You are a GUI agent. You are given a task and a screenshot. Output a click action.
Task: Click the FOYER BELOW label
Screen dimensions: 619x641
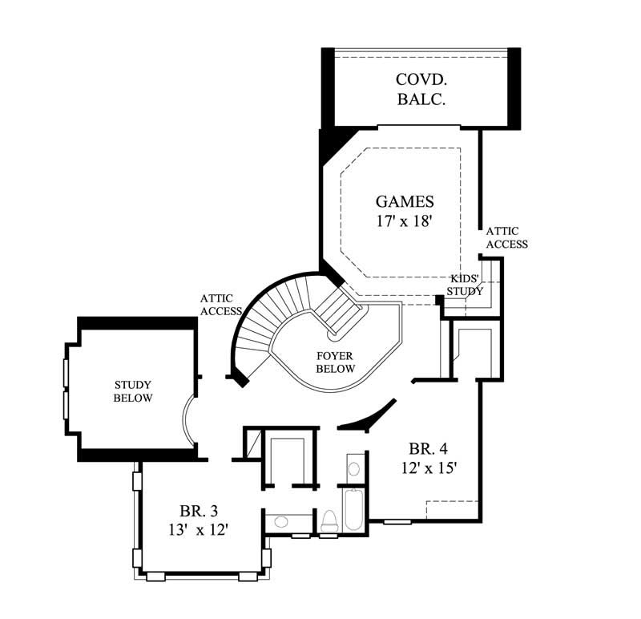click(336, 362)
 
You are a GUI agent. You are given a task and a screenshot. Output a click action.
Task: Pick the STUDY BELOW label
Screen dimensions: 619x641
click(132, 392)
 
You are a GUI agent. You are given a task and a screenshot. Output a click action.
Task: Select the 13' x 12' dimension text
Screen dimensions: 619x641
click(200, 529)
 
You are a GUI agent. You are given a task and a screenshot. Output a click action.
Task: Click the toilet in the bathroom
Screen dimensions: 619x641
click(329, 521)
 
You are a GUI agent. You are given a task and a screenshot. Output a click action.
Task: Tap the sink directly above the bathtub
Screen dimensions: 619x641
click(353, 469)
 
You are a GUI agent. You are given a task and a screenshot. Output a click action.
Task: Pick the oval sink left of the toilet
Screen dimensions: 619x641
click(280, 522)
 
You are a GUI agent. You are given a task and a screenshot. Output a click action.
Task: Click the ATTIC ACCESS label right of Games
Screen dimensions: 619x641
click(506, 237)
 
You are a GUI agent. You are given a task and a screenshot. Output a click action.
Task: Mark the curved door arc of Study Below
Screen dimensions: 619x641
click(186, 420)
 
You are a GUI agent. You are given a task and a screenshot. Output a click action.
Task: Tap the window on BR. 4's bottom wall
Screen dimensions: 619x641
click(396, 522)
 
